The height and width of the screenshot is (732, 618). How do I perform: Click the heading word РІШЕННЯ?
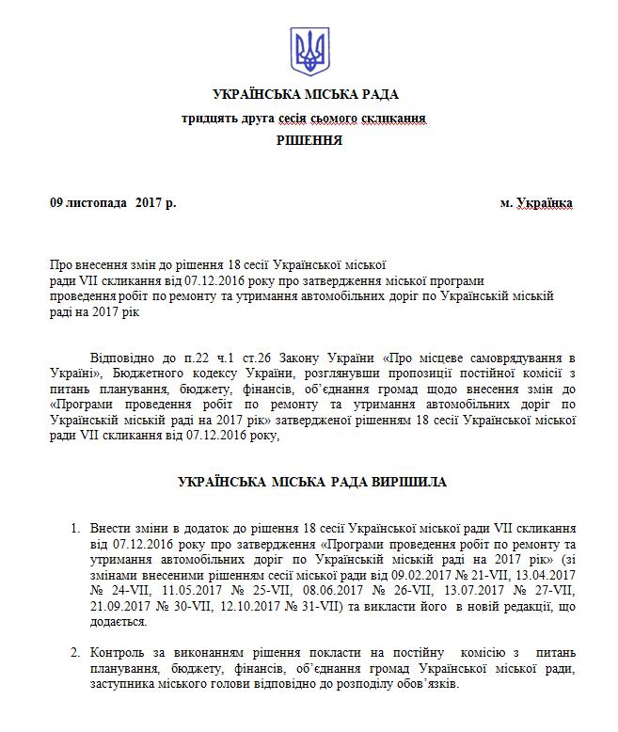point(309,140)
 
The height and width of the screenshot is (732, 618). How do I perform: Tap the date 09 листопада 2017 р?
point(113,202)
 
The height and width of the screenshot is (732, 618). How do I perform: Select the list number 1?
point(75,529)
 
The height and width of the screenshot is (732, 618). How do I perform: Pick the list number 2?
point(75,652)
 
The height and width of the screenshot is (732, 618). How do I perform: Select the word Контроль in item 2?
point(119,652)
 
